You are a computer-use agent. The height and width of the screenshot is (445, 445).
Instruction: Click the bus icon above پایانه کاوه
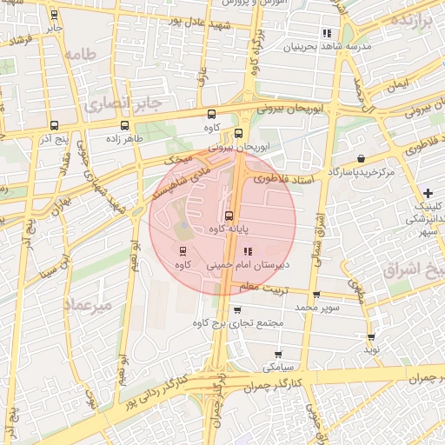click(229, 216)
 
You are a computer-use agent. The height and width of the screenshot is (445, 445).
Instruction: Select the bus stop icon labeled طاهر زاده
click(111, 125)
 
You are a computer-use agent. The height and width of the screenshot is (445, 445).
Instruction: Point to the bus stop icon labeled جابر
click(56, 15)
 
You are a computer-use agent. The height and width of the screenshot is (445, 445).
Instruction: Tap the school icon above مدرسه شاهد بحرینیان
click(327, 33)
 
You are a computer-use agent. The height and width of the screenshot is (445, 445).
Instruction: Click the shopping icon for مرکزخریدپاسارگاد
click(361, 158)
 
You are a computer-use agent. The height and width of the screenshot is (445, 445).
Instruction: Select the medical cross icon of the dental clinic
click(427, 192)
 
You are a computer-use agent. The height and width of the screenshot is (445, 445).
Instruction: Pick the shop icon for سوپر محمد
click(315, 295)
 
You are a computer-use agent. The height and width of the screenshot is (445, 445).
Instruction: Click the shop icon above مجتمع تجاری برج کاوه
click(237, 310)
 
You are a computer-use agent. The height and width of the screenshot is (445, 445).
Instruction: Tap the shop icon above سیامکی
click(278, 354)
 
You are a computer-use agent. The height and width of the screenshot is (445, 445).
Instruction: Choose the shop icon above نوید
click(371, 336)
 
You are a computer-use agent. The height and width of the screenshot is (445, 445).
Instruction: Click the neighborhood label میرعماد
click(83, 305)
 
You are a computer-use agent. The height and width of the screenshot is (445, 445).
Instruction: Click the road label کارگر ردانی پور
click(150, 393)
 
